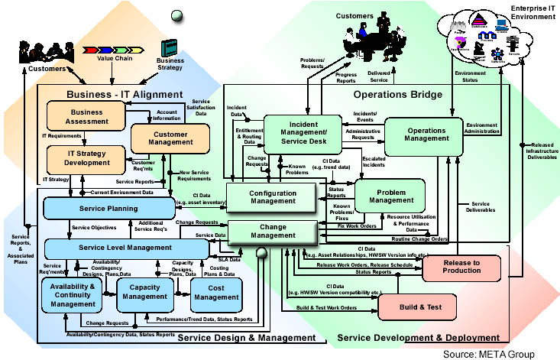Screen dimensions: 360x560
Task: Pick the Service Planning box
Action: [x=125, y=208]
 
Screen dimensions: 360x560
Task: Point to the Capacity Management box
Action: [x=145, y=295]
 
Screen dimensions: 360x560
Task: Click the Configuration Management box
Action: [x=271, y=196]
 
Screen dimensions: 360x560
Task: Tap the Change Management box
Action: [x=272, y=233]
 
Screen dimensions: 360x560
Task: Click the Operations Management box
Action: [x=424, y=135]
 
